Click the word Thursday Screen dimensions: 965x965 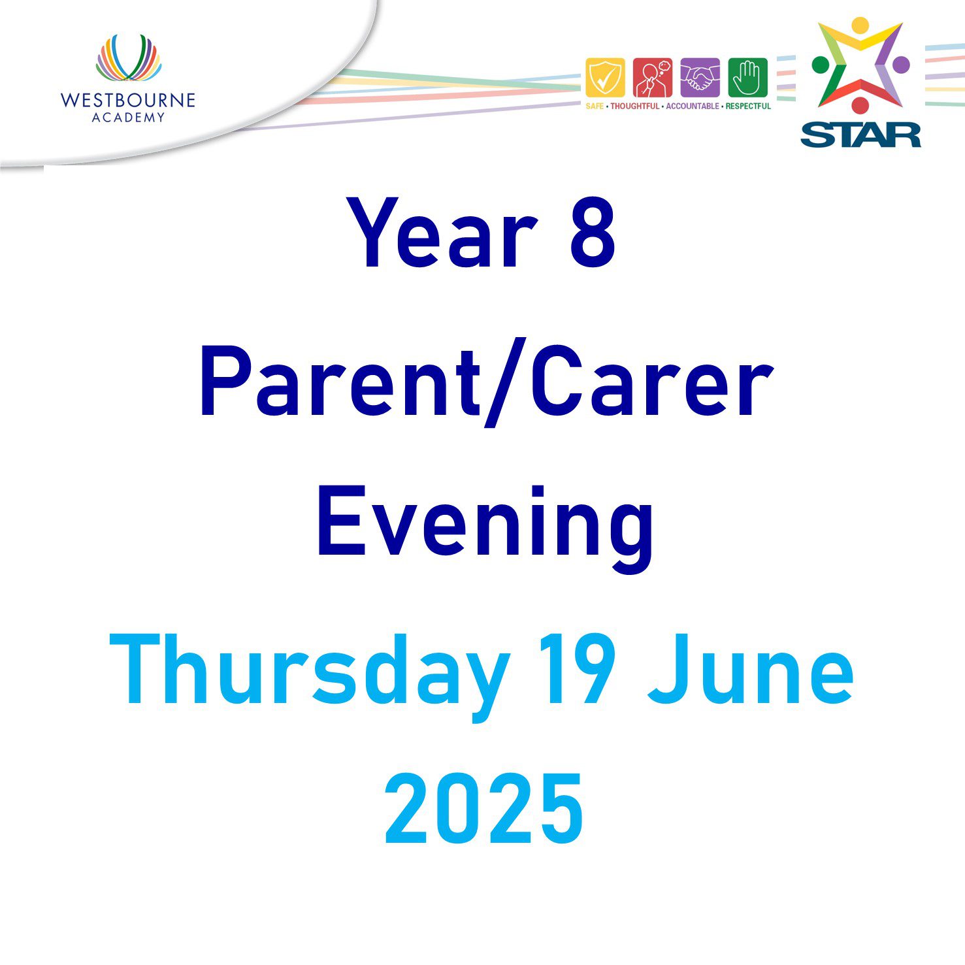310,673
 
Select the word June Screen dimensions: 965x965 751,670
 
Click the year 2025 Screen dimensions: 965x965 484,809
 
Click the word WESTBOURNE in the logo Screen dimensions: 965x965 128,101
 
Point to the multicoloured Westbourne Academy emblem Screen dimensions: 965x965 129,58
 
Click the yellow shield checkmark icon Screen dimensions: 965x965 605,78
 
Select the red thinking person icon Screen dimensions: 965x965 653,78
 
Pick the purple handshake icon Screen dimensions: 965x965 700,78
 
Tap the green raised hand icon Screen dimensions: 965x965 747,78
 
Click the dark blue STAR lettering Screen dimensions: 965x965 860,135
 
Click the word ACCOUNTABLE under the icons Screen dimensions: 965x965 692,106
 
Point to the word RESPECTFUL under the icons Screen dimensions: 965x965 748,106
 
